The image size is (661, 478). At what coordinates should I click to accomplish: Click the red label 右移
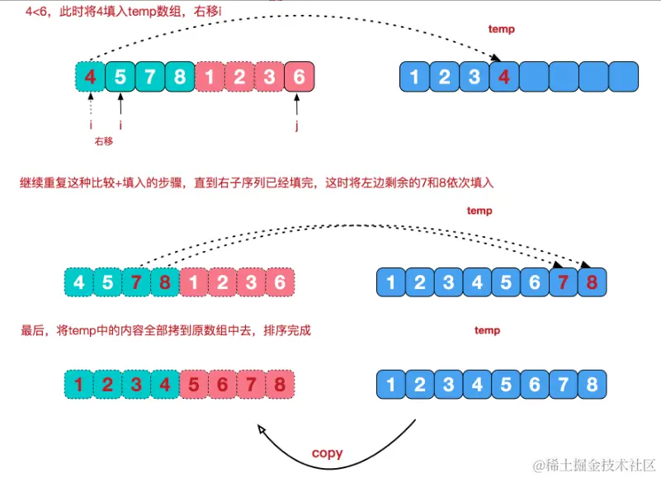click(x=103, y=141)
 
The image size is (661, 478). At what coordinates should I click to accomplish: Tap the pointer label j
click(x=297, y=126)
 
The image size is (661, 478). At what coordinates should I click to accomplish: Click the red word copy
click(x=327, y=453)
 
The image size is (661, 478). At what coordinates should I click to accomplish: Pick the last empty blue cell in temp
click(x=624, y=78)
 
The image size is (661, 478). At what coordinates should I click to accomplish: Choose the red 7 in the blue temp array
click(x=564, y=282)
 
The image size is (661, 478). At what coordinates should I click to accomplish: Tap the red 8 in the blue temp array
click(x=593, y=282)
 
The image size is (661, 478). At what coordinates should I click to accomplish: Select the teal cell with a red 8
click(x=164, y=282)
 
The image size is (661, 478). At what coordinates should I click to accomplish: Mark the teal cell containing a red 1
click(x=78, y=384)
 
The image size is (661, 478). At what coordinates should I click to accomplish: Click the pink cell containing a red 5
click(x=194, y=384)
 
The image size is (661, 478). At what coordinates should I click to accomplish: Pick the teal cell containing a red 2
click(x=107, y=384)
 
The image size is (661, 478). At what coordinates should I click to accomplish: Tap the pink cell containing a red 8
click(x=281, y=384)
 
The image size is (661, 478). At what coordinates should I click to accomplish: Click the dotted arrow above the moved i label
click(x=90, y=107)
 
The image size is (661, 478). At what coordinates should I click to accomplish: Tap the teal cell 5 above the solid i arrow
click(x=120, y=78)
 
